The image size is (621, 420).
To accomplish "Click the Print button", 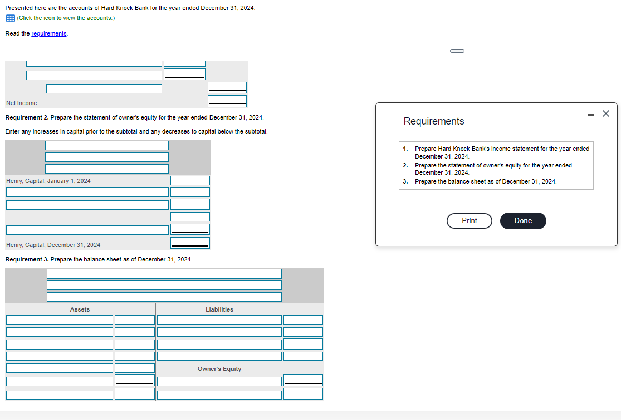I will tap(469, 221).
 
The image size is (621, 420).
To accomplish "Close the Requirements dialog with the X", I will tap(606, 113).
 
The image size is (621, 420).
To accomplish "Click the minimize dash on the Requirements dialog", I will tap(590, 115).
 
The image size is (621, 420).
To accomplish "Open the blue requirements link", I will tap(49, 34).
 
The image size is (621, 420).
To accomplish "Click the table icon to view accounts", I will tap(10, 18).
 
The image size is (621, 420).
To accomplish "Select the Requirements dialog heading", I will tap(433, 121).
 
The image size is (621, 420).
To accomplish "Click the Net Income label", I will tap(21, 103).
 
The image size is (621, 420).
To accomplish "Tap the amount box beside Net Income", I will tap(227, 101).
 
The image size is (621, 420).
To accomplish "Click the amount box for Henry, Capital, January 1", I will tap(190, 181).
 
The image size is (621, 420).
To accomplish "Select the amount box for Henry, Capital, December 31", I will tap(190, 243).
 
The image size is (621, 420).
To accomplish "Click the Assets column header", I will tap(80, 309).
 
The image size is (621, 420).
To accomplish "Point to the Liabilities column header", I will tap(219, 309).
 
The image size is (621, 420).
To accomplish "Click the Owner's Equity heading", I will tap(219, 369).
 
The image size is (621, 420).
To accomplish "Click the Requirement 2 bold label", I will tap(27, 118).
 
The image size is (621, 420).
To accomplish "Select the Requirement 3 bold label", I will tap(27, 259).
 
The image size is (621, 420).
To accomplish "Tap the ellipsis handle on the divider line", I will tap(457, 51).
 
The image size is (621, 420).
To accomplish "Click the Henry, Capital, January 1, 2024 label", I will tap(48, 181).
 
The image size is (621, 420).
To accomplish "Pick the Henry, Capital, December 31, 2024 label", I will tap(53, 245).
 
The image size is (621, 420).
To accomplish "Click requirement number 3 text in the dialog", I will tap(485, 181).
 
